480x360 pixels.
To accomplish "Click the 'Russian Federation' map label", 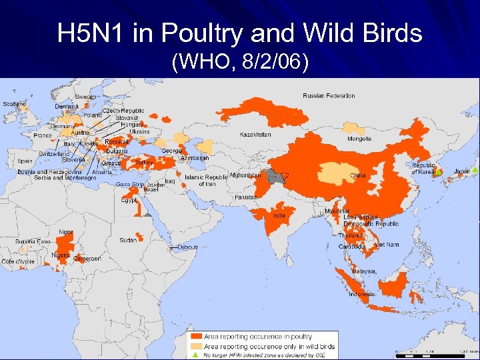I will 329,96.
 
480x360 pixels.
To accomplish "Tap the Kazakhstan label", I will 255,135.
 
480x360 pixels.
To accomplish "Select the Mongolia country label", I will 359,139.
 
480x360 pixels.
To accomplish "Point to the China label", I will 358,176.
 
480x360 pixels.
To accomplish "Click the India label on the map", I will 279,215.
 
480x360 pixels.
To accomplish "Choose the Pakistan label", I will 245,198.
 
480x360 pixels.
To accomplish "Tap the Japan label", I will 462,171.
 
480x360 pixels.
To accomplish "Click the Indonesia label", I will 362,294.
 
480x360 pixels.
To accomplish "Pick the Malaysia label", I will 364,271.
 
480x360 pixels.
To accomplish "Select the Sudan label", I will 128,240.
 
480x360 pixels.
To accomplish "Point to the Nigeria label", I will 61,255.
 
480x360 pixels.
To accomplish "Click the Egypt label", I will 129,200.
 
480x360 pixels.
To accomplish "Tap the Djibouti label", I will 188,247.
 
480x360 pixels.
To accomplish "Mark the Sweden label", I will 85,97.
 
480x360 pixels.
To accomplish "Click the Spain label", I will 25,161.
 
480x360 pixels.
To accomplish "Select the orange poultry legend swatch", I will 197,337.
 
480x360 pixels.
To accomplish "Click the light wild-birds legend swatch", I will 197,347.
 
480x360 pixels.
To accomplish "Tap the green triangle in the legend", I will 196,355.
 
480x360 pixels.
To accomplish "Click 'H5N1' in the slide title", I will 89,33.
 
